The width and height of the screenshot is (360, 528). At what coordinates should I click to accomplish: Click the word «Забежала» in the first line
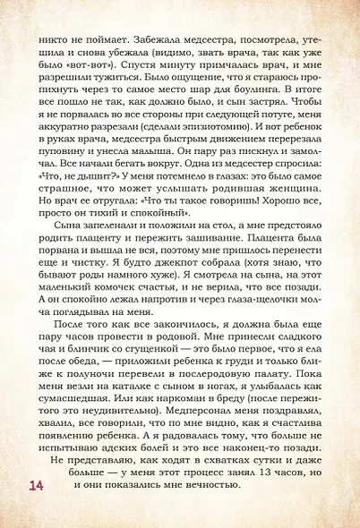150,39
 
